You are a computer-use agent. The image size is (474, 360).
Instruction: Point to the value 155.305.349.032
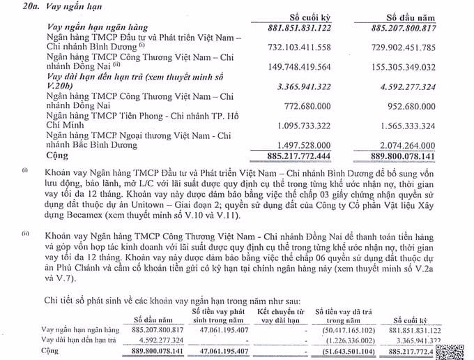pos(416,68)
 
